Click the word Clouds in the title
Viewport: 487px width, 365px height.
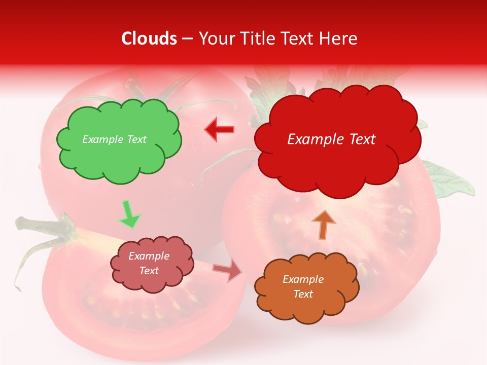pos(149,39)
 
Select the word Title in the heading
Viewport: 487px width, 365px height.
pos(256,39)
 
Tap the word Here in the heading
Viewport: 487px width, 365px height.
pos(339,39)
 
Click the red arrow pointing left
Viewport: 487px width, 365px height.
pos(219,130)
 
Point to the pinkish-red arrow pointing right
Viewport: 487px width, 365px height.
pos(228,271)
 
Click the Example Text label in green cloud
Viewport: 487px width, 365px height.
pos(114,139)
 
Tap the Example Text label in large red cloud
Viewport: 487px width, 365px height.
pos(331,139)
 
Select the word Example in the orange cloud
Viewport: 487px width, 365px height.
pos(303,279)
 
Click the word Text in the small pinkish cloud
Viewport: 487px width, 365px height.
pos(149,271)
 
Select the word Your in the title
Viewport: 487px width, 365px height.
pos(214,39)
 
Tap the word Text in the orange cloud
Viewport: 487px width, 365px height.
pos(303,294)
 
